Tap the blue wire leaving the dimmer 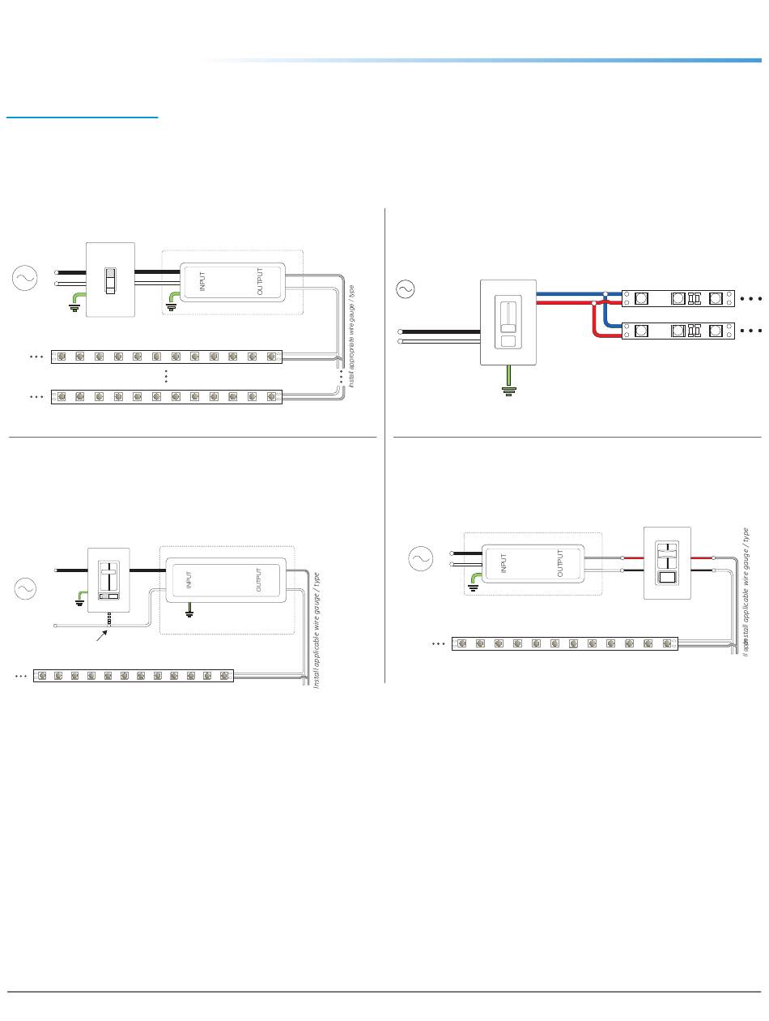(567, 293)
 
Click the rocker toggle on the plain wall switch (111, 280)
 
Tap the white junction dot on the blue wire (605, 293)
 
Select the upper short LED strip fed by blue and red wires (678, 298)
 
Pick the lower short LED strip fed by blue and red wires (678, 331)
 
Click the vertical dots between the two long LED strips (166, 377)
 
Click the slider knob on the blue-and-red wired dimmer (508, 327)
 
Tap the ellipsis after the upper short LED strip (750, 298)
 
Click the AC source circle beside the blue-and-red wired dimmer (404, 288)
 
